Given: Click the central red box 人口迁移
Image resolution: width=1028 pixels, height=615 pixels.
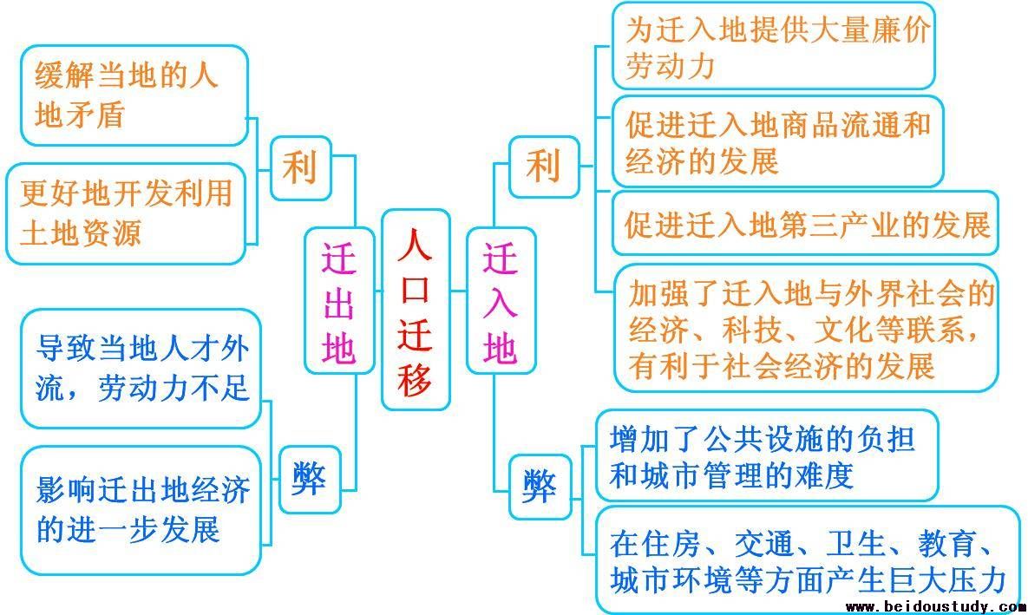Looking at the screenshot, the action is pyautogui.click(x=416, y=310).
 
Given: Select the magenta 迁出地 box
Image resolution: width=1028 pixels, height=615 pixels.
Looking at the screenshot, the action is pyautogui.click(x=339, y=301).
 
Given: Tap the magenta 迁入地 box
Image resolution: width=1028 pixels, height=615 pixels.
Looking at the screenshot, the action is pyautogui.click(x=501, y=301).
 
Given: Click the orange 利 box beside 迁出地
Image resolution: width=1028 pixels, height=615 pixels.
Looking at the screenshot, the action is pyautogui.click(x=301, y=168).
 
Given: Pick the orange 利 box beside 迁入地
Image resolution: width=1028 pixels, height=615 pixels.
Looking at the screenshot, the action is pyautogui.click(x=544, y=167).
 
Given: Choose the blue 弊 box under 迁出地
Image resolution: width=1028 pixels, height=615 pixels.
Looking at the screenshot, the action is pyautogui.click(x=310, y=480).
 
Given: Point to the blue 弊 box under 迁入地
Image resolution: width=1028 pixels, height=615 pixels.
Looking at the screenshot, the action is pyautogui.click(x=540, y=487).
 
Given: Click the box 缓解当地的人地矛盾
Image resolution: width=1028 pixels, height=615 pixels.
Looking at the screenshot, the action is pyautogui.click(x=134, y=95).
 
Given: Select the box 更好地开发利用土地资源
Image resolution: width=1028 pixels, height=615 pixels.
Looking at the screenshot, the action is pyautogui.click(x=126, y=213).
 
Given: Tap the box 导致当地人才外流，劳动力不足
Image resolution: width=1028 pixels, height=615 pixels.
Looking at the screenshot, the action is pyautogui.click(x=141, y=369).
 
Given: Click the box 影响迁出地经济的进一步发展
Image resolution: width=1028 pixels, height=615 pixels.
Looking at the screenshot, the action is pyautogui.click(x=141, y=511).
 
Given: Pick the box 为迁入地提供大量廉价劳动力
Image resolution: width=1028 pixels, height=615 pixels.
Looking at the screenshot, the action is pyautogui.click(x=774, y=46).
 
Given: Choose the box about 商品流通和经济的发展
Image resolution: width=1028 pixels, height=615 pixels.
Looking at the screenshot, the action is pyautogui.click(x=777, y=141).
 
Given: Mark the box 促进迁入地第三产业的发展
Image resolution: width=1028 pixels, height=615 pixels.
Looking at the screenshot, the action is pyautogui.click(x=805, y=224).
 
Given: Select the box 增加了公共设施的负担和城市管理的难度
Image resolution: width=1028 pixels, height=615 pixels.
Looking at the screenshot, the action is pyautogui.click(x=767, y=455).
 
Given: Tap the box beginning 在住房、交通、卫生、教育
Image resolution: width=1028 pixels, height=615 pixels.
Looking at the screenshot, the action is pyautogui.click(x=808, y=560).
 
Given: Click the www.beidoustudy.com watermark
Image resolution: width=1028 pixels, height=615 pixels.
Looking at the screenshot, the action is pyautogui.click(x=935, y=606).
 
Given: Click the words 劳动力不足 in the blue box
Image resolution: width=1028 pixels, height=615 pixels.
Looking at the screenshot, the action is pyautogui.click(x=174, y=388).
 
